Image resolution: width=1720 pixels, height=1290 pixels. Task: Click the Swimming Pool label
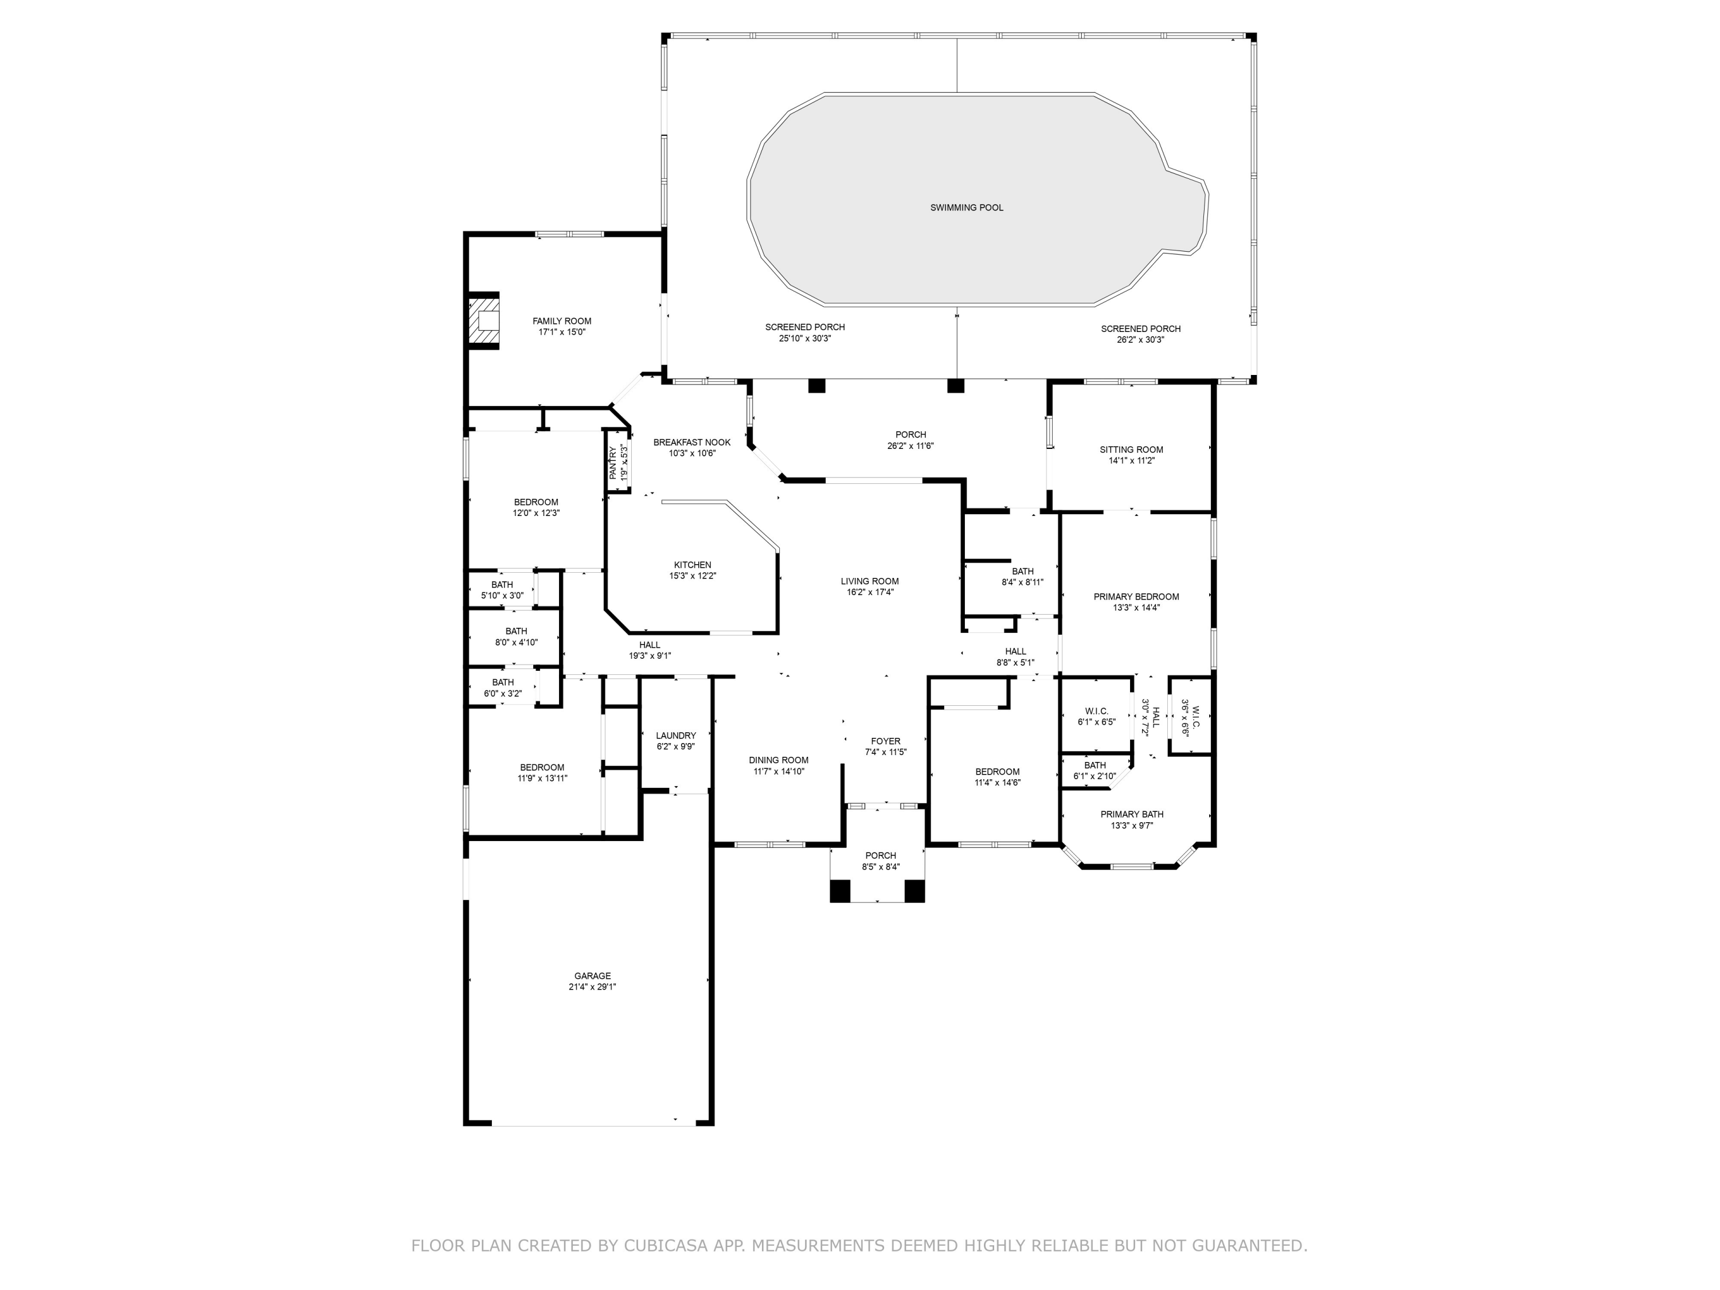click(967, 208)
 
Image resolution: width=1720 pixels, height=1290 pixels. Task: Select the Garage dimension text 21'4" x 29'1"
click(592, 987)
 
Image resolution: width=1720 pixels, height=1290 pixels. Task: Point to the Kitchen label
click(692, 565)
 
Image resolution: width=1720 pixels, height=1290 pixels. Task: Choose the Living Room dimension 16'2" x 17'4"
click(869, 592)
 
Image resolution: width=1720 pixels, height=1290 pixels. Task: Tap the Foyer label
click(886, 741)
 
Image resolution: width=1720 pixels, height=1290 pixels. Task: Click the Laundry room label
click(676, 735)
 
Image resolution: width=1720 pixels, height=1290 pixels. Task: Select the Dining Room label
click(779, 760)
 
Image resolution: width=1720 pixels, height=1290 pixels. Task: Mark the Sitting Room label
click(1131, 449)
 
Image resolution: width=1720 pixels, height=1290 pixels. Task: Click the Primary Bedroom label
click(1136, 596)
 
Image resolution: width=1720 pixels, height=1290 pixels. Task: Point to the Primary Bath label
click(1131, 814)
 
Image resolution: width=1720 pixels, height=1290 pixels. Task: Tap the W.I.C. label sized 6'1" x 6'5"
click(1096, 711)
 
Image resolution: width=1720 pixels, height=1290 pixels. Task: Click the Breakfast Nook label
click(691, 443)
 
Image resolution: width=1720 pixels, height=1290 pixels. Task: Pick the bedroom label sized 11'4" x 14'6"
click(997, 772)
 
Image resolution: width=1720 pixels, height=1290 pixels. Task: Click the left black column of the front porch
click(840, 890)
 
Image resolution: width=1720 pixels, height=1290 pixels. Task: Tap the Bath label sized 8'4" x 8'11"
click(1022, 572)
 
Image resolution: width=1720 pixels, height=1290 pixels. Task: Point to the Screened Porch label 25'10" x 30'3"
click(805, 327)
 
